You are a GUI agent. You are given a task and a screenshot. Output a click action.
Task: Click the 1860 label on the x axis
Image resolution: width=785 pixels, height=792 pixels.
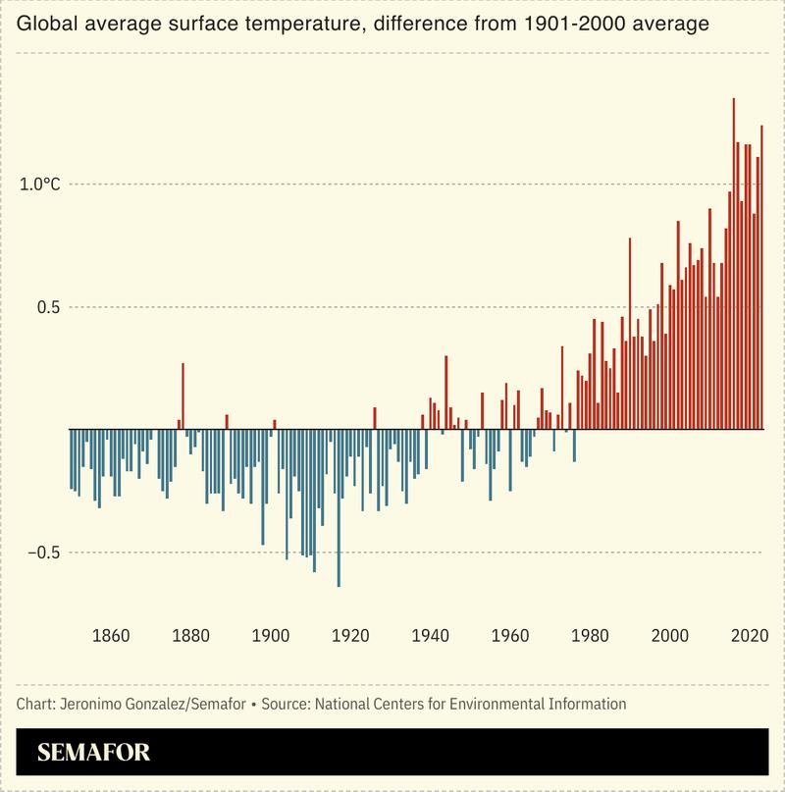click(111, 634)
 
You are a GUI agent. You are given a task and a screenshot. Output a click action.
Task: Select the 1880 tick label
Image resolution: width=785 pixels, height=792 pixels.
click(190, 634)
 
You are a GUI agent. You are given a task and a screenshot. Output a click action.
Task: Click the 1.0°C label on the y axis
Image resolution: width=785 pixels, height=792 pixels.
click(40, 185)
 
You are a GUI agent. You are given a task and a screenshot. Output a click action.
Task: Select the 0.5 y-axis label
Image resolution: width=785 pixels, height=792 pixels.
click(48, 307)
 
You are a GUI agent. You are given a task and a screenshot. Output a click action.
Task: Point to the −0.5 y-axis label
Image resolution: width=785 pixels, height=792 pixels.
click(43, 553)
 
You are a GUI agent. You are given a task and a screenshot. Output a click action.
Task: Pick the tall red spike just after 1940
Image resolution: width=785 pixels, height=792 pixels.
click(445, 392)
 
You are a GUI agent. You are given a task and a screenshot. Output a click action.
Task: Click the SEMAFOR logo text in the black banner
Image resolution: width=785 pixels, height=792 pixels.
click(94, 753)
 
